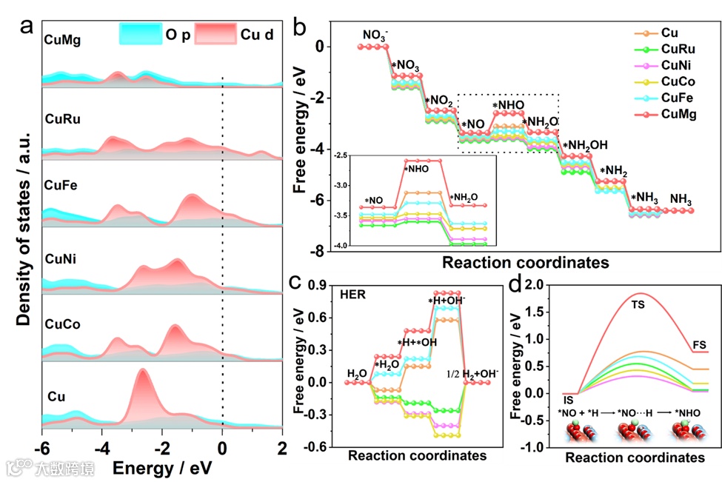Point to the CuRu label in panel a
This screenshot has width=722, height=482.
coord(63,118)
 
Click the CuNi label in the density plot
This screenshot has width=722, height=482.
coord(61,259)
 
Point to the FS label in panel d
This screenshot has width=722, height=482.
coord(700,344)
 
